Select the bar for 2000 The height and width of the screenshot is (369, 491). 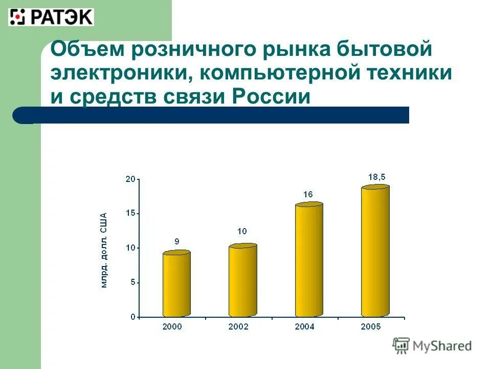pyautogui.click(x=176, y=284)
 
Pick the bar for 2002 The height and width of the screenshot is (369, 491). pyautogui.click(x=243, y=281)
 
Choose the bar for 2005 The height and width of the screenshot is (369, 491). pyautogui.click(x=375, y=251)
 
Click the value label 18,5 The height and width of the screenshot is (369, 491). pyautogui.click(x=377, y=176)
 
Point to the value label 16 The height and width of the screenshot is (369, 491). pyautogui.click(x=308, y=194)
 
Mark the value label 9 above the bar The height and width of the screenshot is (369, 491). pyautogui.click(x=176, y=241)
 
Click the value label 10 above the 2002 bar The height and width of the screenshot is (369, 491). pyautogui.click(x=242, y=232)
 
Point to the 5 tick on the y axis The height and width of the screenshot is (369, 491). pyautogui.click(x=132, y=282)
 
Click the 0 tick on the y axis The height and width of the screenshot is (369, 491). pyautogui.click(x=132, y=317)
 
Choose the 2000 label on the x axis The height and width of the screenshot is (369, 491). pyautogui.click(x=173, y=326)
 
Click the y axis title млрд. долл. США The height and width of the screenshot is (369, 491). pyautogui.click(x=104, y=250)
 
